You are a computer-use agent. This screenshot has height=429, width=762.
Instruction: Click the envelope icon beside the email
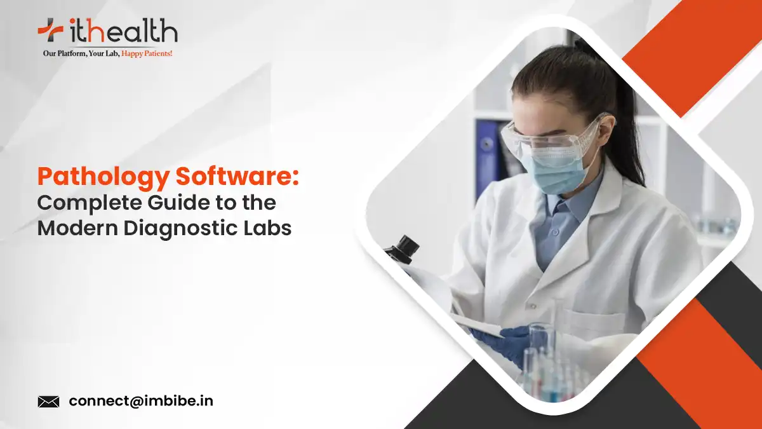(x=48, y=402)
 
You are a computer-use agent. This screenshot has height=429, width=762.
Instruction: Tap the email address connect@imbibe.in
(x=141, y=402)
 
